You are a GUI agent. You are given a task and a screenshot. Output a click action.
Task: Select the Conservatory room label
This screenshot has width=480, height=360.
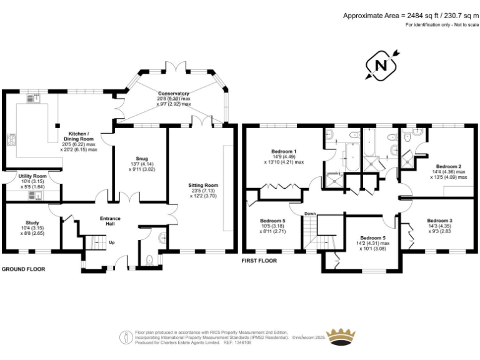(x=174, y=94)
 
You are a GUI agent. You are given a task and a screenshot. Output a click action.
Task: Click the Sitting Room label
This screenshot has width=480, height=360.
(x=203, y=185)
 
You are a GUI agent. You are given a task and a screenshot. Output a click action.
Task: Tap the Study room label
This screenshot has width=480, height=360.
(x=32, y=222)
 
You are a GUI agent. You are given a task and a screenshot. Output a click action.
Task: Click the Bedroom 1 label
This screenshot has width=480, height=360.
(x=284, y=152)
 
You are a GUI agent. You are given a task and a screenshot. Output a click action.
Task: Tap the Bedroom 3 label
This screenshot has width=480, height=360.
(x=439, y=221)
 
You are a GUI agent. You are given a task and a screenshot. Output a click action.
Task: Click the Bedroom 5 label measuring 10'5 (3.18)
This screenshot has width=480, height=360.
(x=272, y=221)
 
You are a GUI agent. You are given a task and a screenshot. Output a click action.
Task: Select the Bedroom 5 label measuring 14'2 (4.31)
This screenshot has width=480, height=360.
(x=372, y=237)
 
